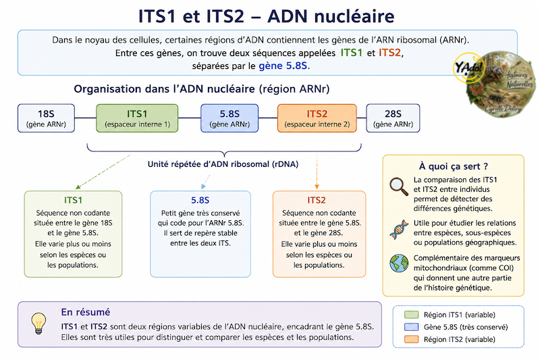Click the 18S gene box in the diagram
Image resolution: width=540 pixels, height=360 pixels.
click(46, 118)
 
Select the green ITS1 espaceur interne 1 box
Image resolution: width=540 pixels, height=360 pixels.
click(137, 118)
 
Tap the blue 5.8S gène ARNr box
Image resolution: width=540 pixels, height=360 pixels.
click(230, 118)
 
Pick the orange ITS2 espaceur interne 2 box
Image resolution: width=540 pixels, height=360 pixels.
click(317, 118)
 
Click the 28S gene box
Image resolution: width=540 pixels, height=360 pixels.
click(393, 118)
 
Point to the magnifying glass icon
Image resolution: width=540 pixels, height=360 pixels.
click(399, 186)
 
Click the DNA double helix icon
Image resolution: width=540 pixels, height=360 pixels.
click(399, 230)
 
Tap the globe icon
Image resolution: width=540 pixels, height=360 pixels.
click(399, 263)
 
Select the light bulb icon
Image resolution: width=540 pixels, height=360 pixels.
click(38, 323)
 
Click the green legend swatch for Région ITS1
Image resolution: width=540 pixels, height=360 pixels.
click(411, 315)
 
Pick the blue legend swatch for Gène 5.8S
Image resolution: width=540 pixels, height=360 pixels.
click(411, 327)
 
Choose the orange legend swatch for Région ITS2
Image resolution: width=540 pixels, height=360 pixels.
click(411, 339)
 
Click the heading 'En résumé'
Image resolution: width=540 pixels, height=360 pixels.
click(86, 312)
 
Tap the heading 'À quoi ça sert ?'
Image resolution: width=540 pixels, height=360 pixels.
click(453, 166)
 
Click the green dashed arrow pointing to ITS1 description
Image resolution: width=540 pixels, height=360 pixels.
click(103, 172)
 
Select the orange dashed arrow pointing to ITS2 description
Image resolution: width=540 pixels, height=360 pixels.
click(317, 172)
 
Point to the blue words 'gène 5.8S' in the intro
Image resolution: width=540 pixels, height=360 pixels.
click(283, 66)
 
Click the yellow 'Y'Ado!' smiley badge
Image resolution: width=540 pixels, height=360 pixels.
click(468, 68)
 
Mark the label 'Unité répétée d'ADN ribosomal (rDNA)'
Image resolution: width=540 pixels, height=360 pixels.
click(223, 164)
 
